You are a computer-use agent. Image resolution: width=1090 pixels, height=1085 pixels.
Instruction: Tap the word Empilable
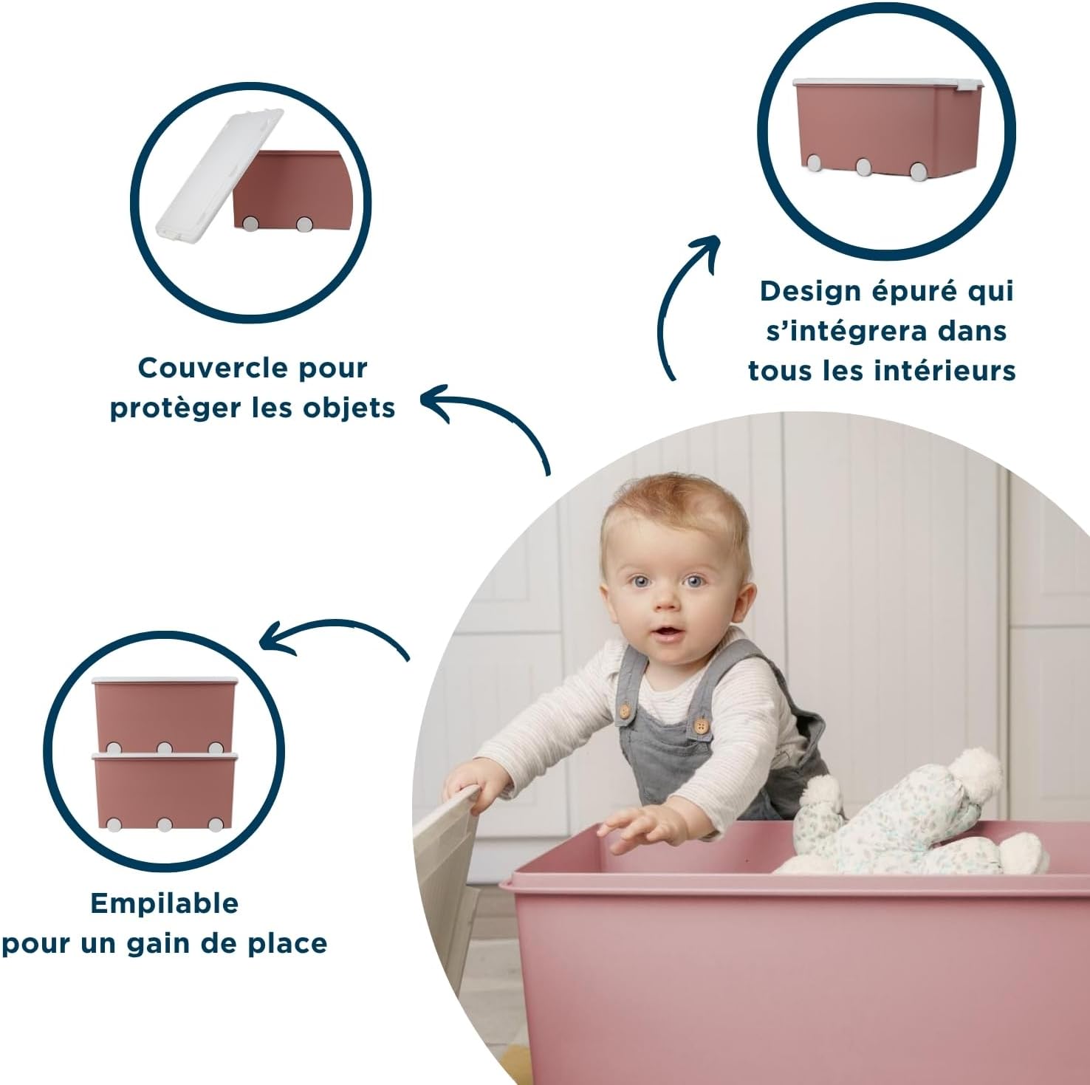coord(165,903)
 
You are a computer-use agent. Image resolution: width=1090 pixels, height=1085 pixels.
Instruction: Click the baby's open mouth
coord(667,632)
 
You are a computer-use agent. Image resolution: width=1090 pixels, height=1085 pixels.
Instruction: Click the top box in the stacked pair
coord(164,712)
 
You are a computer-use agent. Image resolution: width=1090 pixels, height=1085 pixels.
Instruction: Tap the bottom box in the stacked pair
coord(164,787)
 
